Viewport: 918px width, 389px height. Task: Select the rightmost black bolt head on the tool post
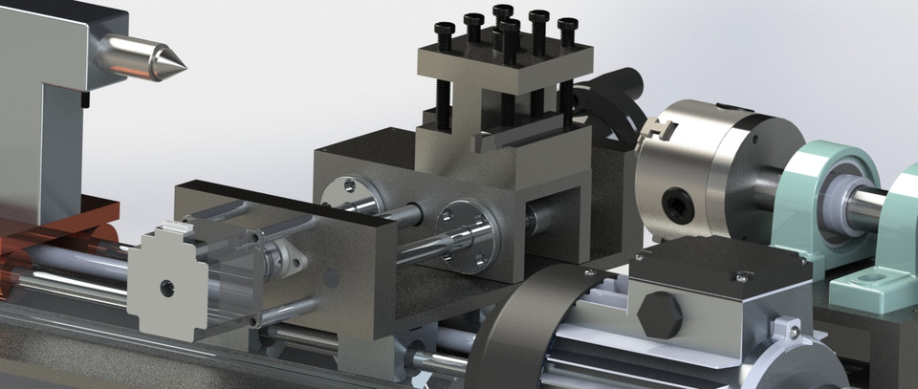click(567, 25)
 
